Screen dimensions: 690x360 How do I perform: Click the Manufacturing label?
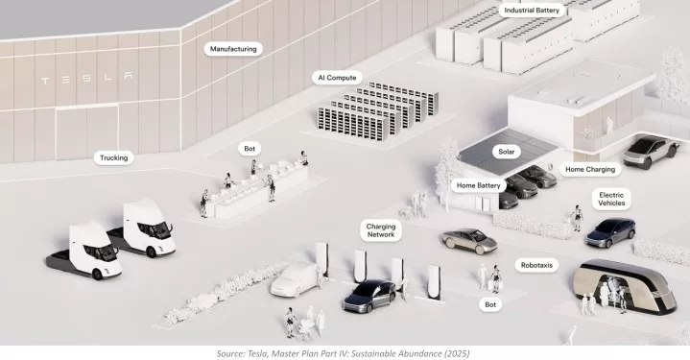click(x=233, y=49)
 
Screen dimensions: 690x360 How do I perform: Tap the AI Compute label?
click(x=337, y=78)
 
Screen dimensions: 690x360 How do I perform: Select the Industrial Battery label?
click(x=532, y=11)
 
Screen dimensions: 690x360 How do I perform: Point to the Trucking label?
click(x=113, y=158)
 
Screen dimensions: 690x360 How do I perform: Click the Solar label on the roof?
click(x=507, y=152)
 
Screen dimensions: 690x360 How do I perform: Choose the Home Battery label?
click(x=478, y=185)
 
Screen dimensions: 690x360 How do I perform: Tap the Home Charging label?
click(x=590, y=169)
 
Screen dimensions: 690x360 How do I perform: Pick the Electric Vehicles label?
click(x=611, y=199)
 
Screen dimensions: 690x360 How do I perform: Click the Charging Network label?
click(x=381, y=230)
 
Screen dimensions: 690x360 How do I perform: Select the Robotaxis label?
click(x=536, y=265)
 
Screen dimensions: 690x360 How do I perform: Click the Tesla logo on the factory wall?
click(x=86, y=79)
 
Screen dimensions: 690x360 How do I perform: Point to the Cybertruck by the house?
click(x=652, y=152)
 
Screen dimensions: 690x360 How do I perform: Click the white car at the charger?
click(x=295, y=279)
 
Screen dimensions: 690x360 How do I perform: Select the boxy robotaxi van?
click(x=625, y=286)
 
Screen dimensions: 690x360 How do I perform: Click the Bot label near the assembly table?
click(x=250, y=149)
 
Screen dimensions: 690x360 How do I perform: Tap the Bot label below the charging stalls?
click(x=490, y=304)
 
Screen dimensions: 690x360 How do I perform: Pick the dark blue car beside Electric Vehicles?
click(x=610, y=232)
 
